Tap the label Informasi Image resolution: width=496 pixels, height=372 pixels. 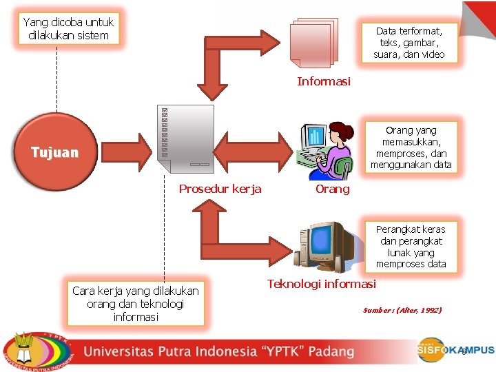pos(324,81)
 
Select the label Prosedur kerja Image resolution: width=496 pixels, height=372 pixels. pos(220,189)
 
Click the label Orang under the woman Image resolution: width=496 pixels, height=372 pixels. pos(332,189)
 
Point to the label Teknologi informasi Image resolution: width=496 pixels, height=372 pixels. pos(322,284)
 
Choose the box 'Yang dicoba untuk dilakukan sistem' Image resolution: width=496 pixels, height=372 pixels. pos(68,29)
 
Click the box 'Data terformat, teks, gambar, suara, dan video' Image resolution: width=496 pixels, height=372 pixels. pos(409,42)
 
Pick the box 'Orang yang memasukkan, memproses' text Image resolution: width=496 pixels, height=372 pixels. pos(411,147)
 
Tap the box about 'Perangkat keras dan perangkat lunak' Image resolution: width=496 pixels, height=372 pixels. pos(411,246)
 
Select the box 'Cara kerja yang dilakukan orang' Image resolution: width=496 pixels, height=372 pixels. pos(136,304)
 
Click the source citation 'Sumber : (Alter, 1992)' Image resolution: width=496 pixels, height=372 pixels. pos(402,310)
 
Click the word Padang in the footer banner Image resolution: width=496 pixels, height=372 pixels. pos(331,351)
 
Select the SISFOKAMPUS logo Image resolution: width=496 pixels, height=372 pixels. pos(455,350)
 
